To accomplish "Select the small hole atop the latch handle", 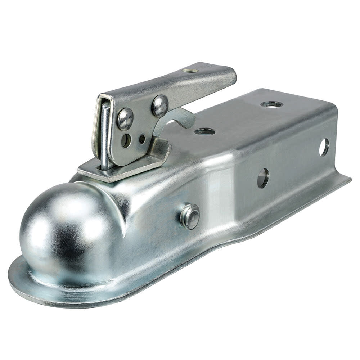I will pos(191,71).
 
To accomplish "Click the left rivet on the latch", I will pos(125,119).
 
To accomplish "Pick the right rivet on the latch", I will pos(160,105).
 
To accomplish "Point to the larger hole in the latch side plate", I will pos(126,140).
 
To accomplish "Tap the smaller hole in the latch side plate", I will pos(142,139).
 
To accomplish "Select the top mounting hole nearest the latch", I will pos(205,131).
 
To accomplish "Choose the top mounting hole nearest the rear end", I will pos(271,104).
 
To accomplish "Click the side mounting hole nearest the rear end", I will pos(324,147).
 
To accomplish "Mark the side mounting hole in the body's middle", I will pos(263,178).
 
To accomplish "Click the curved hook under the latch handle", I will pos(180,117).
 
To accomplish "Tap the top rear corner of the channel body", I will pos(335,108).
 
